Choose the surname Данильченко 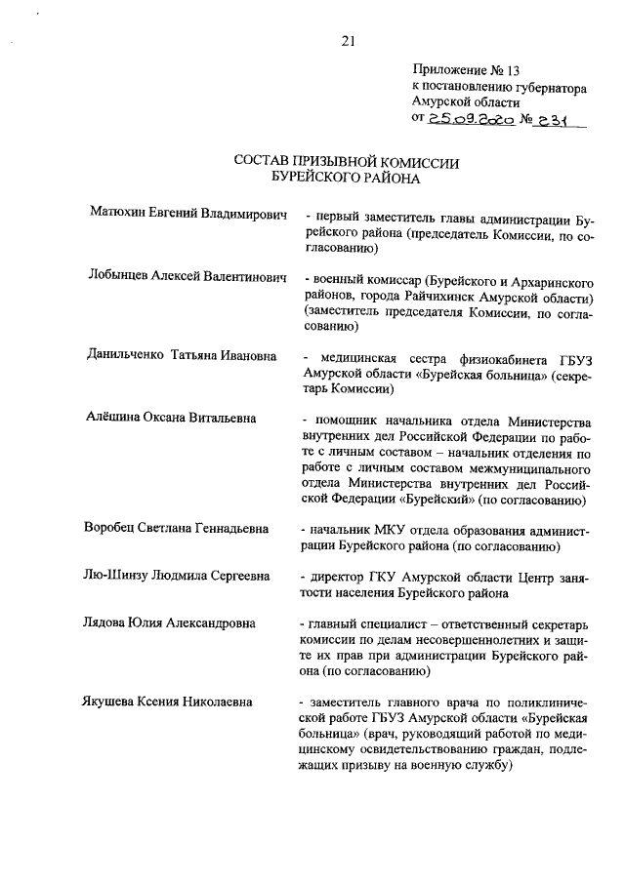127,356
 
